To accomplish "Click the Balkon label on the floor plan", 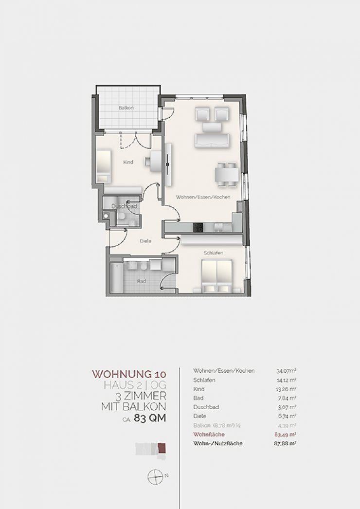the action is tap(126, 108).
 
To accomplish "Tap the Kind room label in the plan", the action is tap(128, 162).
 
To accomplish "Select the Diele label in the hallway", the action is tap(145, 241).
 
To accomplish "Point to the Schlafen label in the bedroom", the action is tap(213, 253).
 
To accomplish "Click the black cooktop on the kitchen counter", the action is tap(198, 227).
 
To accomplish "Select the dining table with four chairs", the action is tap(227, 175).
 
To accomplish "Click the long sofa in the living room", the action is tap(213, 140).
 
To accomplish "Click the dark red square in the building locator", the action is tap(162, 448).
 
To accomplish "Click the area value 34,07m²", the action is tap(286, 371).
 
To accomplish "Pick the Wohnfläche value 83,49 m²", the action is tap(286, 435).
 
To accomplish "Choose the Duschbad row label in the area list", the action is tap(206, 407).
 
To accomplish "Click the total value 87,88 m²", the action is tap(286, 443).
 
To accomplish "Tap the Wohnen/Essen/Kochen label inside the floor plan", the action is tap(203, 197).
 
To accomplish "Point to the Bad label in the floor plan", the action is tap(141, 281).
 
